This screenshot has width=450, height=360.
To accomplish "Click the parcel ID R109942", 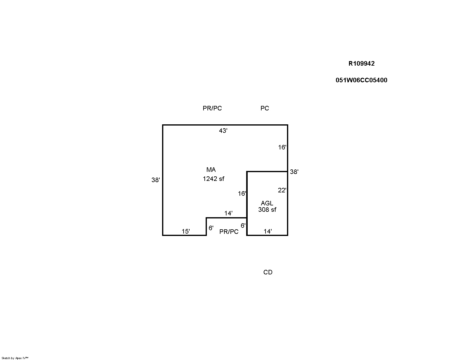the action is click(361, 64).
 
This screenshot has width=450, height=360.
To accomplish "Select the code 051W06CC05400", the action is click(361, 80).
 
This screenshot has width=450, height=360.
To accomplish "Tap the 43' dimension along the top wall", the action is click(223, 131).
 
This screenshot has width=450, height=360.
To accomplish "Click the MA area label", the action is click(211, 169).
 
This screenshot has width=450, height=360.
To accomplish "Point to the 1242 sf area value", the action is click(213, 179).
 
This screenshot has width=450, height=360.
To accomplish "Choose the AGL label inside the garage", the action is click(267, 203).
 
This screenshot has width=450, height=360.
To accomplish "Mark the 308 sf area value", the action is click(267, 210).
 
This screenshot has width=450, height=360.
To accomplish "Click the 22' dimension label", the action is click(282, 190).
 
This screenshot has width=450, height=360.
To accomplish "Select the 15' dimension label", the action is click(186, 231).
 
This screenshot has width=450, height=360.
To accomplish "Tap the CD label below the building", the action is click(268, 272).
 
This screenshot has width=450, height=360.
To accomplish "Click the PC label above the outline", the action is click(265, 108).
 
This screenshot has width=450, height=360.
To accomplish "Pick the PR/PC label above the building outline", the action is click(212, 108).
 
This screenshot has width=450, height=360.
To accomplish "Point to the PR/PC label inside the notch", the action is click(229, 231).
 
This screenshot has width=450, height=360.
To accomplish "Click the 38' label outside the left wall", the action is click(155, 180).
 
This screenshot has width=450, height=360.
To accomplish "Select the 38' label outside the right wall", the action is click(294, 172).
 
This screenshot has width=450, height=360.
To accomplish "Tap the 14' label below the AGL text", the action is click(267, 231).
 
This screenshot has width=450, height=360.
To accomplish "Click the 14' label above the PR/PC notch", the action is click(228, 213).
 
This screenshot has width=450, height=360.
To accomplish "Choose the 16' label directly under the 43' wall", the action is click(282, 147).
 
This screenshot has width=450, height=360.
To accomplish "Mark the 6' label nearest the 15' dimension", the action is click(211, 228).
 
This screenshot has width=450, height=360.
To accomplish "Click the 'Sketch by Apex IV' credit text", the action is click(15, 358).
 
